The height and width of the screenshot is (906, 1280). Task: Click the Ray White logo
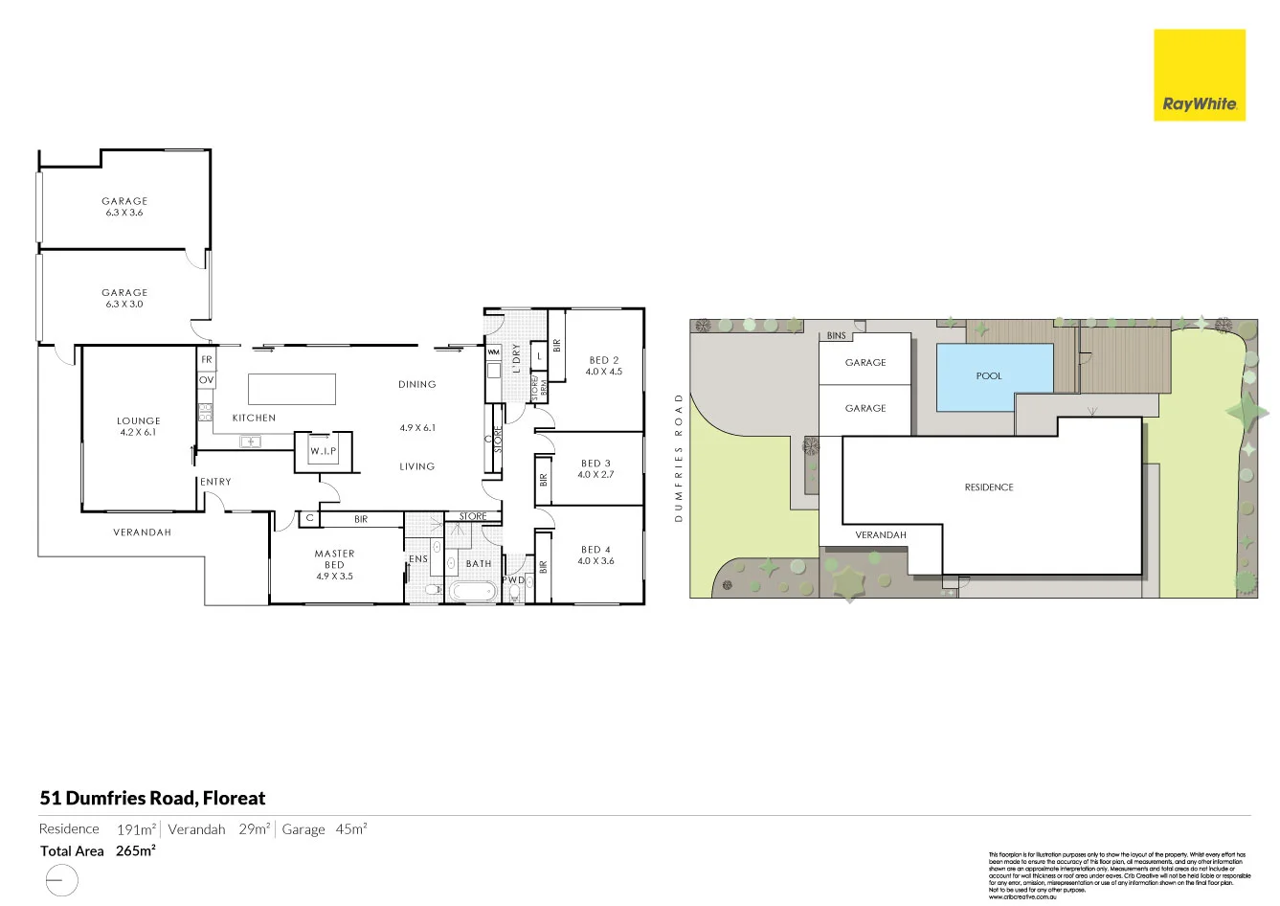point(1199,76)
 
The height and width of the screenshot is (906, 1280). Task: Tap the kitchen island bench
point(292,389)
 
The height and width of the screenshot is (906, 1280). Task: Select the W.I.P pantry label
point(323,451)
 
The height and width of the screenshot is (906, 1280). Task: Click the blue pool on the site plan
point(993,376)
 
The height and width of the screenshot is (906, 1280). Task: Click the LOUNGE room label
point(139,420)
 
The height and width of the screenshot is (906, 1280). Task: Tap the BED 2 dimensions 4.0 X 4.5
point(604,372)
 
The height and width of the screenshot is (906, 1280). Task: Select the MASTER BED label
point(334,559)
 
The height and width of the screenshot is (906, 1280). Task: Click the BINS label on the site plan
point(836,336)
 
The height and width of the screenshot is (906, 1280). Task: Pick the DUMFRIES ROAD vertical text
point(678,457)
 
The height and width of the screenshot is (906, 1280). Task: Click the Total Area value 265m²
point(136,850)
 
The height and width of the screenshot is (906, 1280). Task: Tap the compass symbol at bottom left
point(60,880)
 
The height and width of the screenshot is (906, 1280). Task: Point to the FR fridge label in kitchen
point(207,360)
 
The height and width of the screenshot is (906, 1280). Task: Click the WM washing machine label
point(494,352)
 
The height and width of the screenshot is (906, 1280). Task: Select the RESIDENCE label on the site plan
point(989,487)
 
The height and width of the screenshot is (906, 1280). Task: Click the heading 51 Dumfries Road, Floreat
point(152,798)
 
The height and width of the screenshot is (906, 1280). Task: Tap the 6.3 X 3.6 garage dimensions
point(124,213)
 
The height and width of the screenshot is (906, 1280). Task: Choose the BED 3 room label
point(595,464)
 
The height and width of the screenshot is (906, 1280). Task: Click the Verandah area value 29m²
point(254,829)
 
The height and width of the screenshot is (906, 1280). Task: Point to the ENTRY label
point(215,482)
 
